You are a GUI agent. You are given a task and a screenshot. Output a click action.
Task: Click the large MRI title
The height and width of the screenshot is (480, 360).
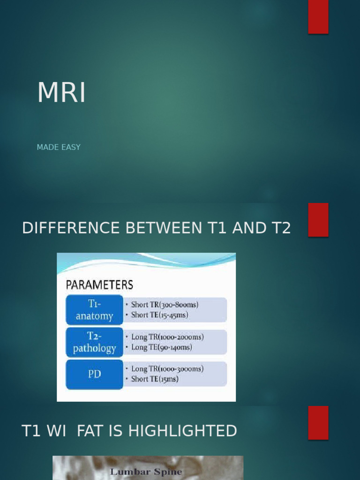[x=61, y=93]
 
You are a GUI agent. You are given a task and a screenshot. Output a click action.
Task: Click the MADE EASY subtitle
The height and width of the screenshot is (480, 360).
[x=59, y=147]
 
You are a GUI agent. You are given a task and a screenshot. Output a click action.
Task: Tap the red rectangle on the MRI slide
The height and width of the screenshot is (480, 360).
[x=318, y=17]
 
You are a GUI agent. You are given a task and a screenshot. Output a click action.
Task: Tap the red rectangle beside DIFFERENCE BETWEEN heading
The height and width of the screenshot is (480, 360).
[x=318, y=220]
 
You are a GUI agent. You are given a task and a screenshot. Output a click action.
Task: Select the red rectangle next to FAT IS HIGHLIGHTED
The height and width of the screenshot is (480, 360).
[x=318, y=422]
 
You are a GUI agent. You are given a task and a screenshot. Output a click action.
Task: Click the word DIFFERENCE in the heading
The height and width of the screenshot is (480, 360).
[x=72, y=228]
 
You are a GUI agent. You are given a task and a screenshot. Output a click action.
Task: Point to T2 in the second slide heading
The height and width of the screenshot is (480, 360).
[x=280, y=228]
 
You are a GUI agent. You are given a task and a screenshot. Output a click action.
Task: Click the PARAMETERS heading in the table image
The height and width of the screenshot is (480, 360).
[x=99, y=285]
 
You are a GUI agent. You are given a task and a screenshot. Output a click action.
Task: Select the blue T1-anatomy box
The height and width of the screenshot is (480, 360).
[x=95, y=310]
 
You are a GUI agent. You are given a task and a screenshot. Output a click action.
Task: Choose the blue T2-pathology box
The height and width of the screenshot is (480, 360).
[x=95, y=342]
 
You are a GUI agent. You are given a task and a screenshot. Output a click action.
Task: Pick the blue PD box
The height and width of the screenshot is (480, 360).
[x=95, y=374]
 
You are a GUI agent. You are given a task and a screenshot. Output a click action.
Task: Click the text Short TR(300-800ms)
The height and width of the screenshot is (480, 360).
[x=165, y=305]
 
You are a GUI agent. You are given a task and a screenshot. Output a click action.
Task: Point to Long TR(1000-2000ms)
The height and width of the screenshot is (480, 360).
[x=167, y=337]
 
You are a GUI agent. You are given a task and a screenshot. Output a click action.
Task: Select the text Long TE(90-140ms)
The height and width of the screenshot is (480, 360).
[x=161, y=347]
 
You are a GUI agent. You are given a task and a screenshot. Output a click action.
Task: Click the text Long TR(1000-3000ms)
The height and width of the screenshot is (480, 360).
[x=167, y=369]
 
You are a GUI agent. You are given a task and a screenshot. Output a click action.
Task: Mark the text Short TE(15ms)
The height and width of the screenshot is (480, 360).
[x=155, y=379]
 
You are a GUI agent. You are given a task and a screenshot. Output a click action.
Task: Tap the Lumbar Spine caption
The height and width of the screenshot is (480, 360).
[x=146, y=472]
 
